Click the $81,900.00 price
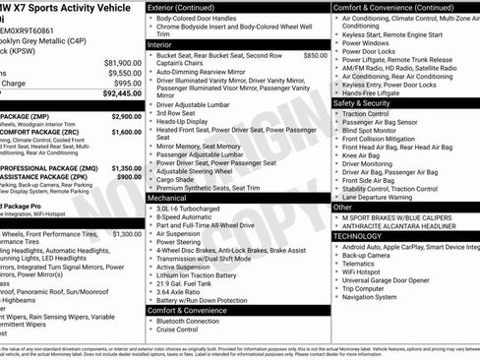pos(122,62)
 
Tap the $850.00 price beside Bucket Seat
pos(315,56)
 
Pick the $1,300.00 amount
pos(127,234)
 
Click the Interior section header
pos(159,45)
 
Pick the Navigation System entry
pos(376,296)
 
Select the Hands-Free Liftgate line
pos(374,93)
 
